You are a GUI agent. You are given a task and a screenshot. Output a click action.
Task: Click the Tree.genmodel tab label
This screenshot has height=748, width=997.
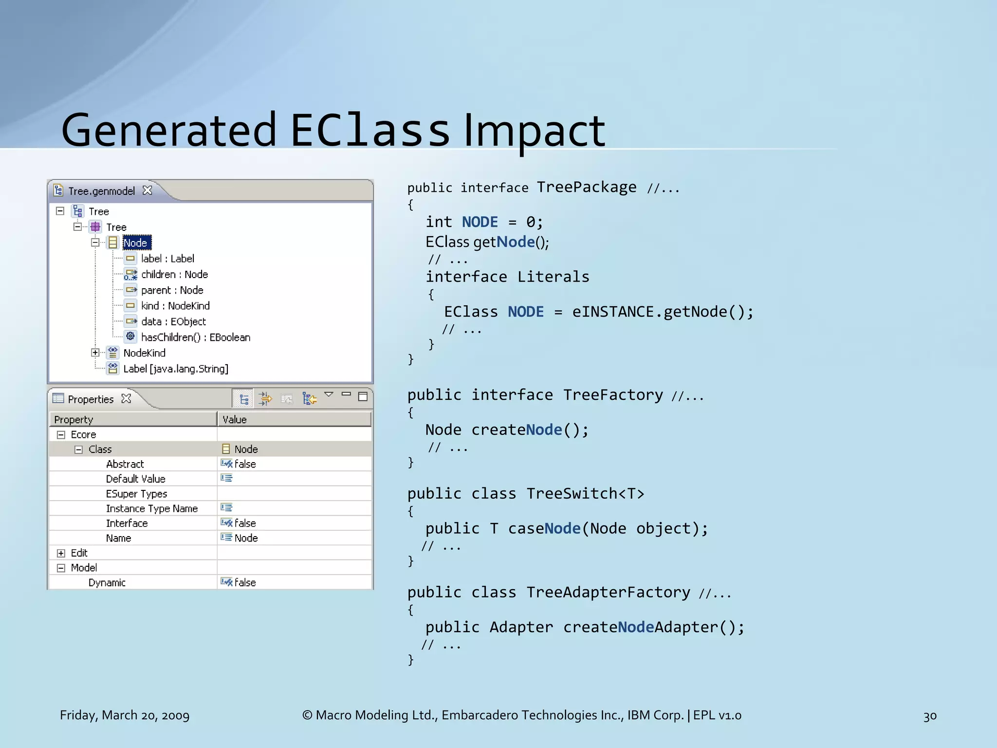pos(101,191)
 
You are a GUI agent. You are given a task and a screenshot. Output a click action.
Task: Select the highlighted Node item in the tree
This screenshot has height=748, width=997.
pos(136,243)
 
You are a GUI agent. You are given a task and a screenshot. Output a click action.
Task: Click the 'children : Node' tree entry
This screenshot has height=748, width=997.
pos(174,274)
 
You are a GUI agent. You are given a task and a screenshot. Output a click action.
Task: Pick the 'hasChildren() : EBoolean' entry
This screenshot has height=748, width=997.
pos(195,337)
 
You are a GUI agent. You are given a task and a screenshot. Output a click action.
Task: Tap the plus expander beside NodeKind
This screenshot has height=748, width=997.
pos(95,353)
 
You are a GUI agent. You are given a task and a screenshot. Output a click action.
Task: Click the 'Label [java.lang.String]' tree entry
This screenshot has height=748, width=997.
pos(175,369)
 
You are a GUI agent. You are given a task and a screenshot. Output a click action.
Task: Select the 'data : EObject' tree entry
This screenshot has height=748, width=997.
pos(173,321)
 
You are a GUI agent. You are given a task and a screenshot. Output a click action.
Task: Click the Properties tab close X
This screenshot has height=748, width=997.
pos(127,398)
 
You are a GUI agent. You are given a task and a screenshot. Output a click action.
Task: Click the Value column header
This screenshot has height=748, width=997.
pos(235,419)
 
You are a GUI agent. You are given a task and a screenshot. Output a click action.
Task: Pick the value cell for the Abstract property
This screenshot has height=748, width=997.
pos(245,464)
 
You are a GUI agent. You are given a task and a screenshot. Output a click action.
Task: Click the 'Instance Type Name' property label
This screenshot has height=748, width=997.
pos(152,508)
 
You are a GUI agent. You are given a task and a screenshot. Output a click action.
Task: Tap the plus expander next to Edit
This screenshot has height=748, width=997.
pos(61,553)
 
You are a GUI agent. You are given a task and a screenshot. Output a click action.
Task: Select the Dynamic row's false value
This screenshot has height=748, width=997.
pos(245,582)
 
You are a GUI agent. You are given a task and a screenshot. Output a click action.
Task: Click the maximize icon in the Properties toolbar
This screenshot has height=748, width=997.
pos(363,396)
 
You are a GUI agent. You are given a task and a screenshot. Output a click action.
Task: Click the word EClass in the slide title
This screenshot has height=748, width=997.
pos(370,130)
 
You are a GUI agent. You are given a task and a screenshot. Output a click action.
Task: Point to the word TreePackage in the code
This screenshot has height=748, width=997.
pos(586,187)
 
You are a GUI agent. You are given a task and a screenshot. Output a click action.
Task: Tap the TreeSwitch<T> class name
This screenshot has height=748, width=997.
pos(585,493)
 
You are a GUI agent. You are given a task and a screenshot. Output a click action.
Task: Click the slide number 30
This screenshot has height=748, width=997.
pos(930,716)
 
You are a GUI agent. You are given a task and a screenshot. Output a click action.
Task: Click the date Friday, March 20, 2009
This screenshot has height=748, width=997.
pos(125,715)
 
